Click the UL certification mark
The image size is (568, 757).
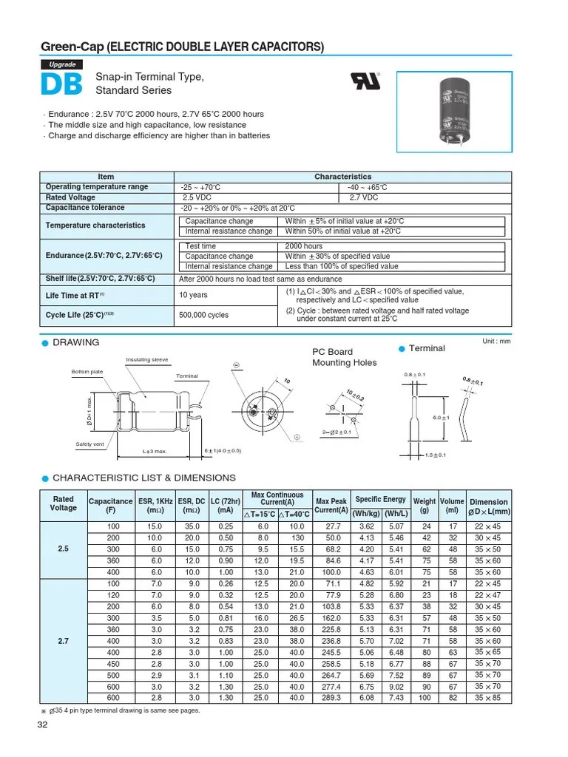click(x=369, y=81)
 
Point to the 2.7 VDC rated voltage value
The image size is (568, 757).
click(x=363, y=197)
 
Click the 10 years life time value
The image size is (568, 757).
click(x=194, y=296)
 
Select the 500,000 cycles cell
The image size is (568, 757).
click(x=204, y=315)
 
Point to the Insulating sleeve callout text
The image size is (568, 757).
click(x=146, y=360)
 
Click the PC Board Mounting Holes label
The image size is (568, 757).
click(x=344, y=357)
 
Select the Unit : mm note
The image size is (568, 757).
click(x=496, y=341)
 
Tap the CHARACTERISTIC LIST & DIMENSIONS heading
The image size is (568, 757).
click(x=144, y=478)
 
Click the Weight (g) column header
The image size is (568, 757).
click(x=425, y=506)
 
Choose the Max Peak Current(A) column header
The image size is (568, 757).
click(x=331, y=506)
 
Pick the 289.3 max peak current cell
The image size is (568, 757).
click(x=331, y=697)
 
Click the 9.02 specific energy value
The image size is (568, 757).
click(x=395, y=687)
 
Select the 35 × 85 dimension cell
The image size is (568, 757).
click(x=488, y=697)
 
